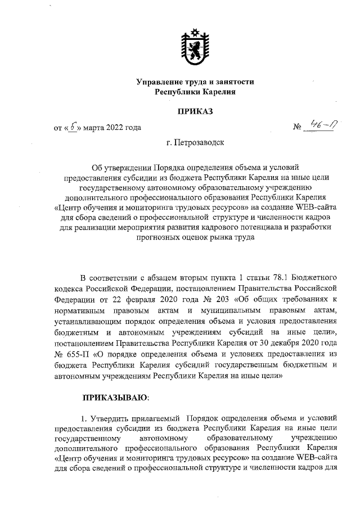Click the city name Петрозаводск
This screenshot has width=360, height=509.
tap(204, 143)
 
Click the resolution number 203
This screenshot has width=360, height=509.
tap(218, 299)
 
